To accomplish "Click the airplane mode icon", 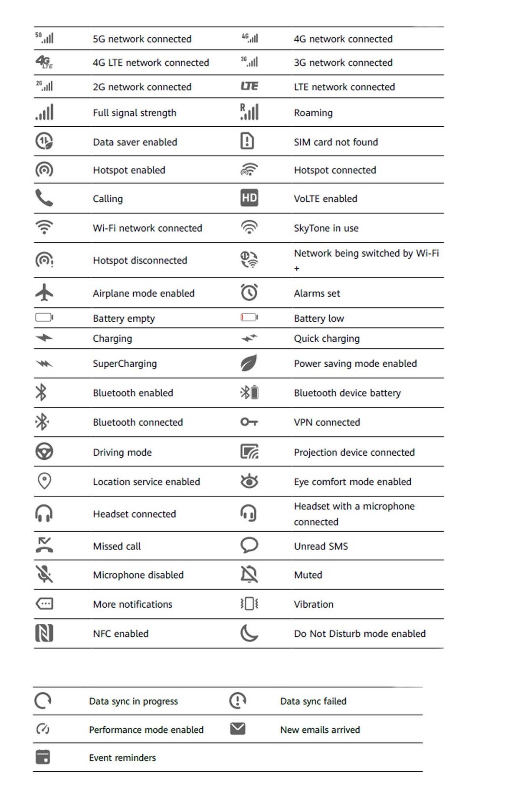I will coord(44,293).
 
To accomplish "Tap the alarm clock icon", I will coord(249,292).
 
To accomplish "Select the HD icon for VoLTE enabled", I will coord(249,198).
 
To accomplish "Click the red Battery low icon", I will coord(249,318).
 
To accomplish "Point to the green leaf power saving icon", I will coord(249,363).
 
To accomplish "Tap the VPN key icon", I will coord(249,422).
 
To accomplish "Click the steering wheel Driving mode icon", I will coord(44,451).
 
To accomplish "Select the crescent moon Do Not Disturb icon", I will coord(249,633).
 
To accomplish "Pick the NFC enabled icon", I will coord(44,633).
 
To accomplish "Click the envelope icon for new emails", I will coord(238,728).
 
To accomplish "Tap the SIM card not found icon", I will coord(247,141).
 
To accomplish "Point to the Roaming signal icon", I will coord(249,112).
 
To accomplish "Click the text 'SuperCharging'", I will coord(125,364).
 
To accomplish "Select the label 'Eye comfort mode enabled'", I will coord(352,482).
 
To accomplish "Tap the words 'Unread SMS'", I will coord(321,546).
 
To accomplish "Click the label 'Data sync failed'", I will coord(313,701).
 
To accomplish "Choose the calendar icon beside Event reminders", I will coord(43,757).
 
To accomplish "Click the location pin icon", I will coord(44,481).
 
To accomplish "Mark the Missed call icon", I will coord(44,545).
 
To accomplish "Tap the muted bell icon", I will coord(249,574).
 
